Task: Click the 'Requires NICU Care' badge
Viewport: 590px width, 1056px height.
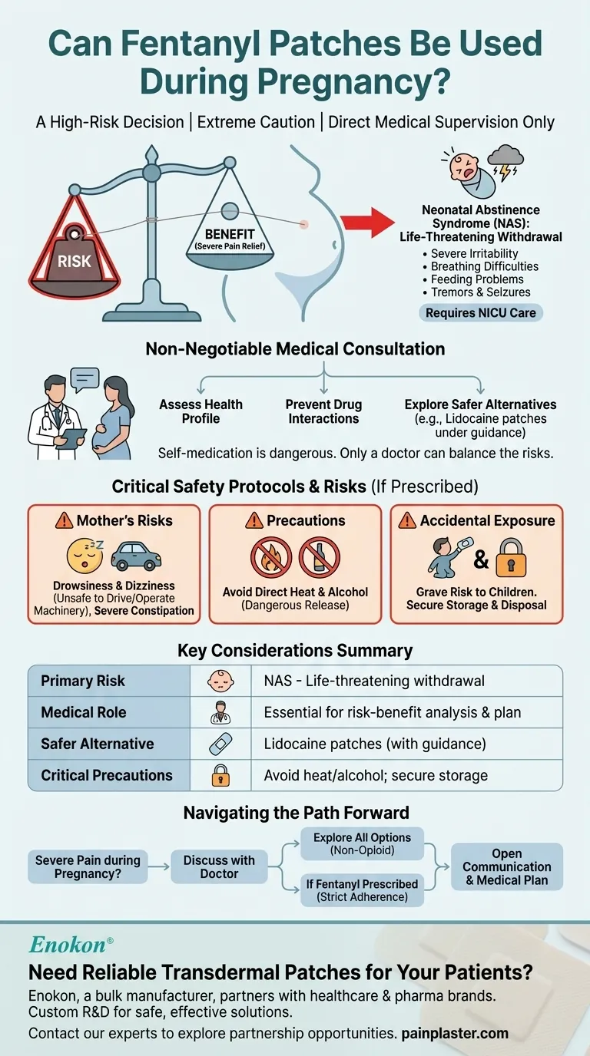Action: pyautogui.click(x=480, y=312)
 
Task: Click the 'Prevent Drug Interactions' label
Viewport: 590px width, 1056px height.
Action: pyautogui.click(x=323, y=411)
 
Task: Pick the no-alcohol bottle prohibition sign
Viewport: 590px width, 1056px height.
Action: pyautogui.click(x=320, y=558)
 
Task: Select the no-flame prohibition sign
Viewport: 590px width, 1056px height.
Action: pyautogui.click(x=271, y=558)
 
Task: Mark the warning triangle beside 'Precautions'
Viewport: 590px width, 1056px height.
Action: pyautogui.click(x=254, y=521)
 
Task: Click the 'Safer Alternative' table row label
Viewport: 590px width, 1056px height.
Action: pyautogui.click(x=97, y=744)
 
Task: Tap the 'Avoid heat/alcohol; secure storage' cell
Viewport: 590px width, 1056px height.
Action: pyautogui.click(x=376, y=775)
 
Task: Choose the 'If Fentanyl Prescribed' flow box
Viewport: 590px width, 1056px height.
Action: pyautogui.click(x=362, y=890)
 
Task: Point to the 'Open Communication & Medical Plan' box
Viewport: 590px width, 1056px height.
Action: pyautogui.click(x=507, y=866)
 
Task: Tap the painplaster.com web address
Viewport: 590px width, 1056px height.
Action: pyautogui.click(x=455, y=1033)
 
